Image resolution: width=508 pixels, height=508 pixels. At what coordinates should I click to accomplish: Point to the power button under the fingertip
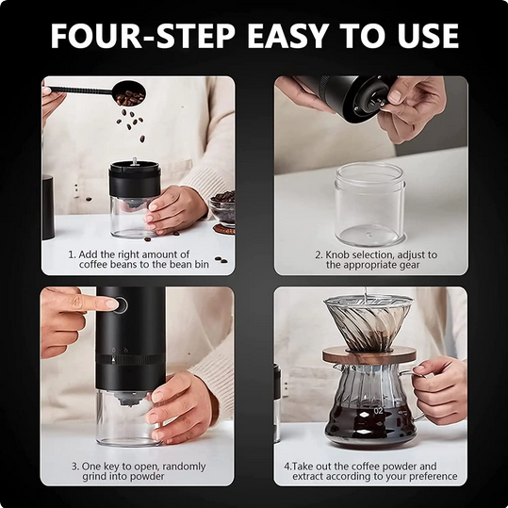pyautogui.click(x=112, y=304)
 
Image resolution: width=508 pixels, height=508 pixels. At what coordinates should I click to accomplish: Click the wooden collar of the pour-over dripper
pyautogui.click(x=370, y=355)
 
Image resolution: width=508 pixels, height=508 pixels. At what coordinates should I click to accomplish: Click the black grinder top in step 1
pyautogui.click(x=135, y=178)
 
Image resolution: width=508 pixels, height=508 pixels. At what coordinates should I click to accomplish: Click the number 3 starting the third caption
pyautogui.click(x=74, y=466)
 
